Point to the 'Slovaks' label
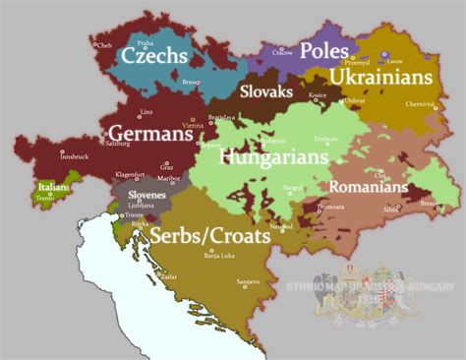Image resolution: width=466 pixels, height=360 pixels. [x=265, y=91]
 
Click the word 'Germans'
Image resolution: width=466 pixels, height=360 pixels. [x=149, y=133]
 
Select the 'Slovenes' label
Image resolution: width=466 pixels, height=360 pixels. [x=144, y=196]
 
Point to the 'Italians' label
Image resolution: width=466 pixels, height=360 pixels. [x=52, y=186]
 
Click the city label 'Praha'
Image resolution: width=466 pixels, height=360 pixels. [x=145, y=43]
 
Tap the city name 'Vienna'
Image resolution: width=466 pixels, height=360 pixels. [x=193, y=127]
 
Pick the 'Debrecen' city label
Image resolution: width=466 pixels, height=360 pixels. [x=325, y=140]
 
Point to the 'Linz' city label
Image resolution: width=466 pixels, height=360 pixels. [x=146, y=112]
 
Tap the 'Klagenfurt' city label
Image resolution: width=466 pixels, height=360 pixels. [x=133, y=174]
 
